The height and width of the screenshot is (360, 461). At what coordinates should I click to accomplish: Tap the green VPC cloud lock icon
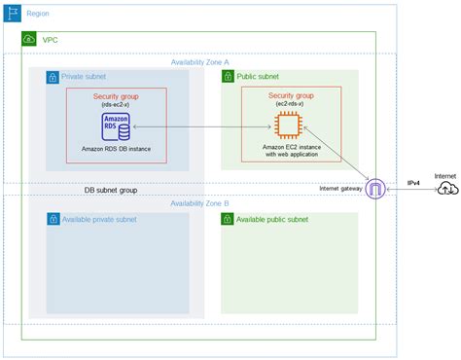tap(29, 40)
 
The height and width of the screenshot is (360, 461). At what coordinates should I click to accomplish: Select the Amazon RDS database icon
tap(117, 126)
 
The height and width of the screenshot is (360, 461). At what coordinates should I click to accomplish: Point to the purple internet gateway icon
tap(374, 190)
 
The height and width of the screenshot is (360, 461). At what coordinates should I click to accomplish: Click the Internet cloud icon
tap(445, 189)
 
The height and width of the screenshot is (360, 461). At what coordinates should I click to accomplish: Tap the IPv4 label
tap(412, 182)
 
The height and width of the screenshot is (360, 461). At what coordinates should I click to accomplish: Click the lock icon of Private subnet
tap(53, 77)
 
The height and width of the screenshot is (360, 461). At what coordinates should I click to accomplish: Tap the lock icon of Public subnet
tap(228, 77)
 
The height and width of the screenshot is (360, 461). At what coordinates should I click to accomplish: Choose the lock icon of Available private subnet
tap(53, 220)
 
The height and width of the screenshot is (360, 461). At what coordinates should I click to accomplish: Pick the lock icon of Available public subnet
tap(228, 220)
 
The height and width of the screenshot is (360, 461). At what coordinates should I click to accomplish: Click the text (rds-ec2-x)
tap(116, 105)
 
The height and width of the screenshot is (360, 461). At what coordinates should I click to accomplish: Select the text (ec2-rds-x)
tap(291, 105)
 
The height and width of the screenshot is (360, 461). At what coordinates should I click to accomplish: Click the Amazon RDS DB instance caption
tap(117, 149)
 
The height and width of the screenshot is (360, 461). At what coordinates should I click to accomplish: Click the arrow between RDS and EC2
tap(203, 126)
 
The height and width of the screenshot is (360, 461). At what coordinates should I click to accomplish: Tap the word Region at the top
tap(38, 15)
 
